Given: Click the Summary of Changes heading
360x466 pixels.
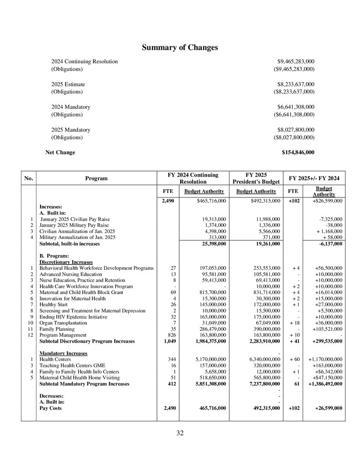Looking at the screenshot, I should (x=180, y=48).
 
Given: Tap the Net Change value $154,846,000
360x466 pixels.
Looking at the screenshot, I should (x=298, y=152).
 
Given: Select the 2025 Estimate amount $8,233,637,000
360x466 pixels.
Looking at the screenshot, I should (x=296, y=84).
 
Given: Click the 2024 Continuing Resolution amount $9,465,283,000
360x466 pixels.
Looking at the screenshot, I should (x=296, y=61).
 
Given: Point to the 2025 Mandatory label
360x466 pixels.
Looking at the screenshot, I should (x=71, y=130).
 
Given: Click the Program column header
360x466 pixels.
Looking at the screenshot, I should (x=96, y=178).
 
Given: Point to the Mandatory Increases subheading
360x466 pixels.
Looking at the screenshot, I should (x=63, y=353).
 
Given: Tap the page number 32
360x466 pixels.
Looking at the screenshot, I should (x=180, y=433).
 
